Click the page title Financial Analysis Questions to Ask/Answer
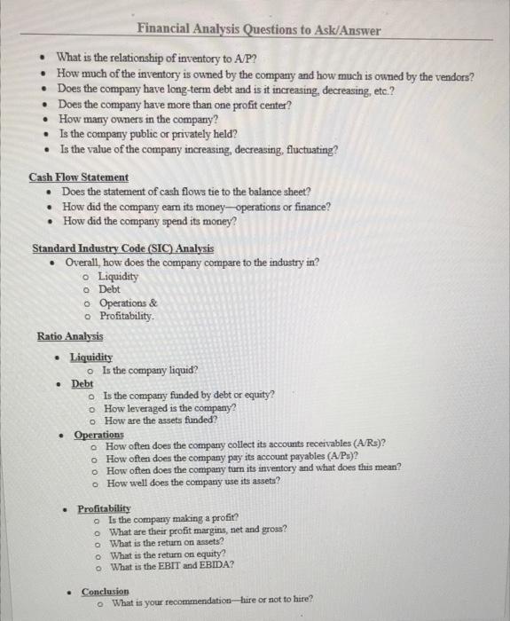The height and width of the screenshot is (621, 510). point(258,30)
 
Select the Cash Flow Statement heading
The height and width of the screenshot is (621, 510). point(78,177)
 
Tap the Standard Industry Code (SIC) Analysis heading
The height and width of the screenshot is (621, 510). point(122,248)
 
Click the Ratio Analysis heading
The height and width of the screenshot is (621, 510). point(70,336)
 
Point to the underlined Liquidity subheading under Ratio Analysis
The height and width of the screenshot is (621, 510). point(90,357)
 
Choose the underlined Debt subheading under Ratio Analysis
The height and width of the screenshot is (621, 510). point(82,383)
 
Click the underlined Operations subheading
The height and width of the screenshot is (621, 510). point(98,435)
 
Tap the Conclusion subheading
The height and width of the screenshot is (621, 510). point(105,590)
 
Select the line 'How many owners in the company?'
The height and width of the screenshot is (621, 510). point(137,119)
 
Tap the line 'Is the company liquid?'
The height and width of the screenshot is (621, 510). point(150,370)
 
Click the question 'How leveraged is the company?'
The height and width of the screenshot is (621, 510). point(169,407)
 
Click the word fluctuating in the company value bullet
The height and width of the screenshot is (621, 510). point(306,149)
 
